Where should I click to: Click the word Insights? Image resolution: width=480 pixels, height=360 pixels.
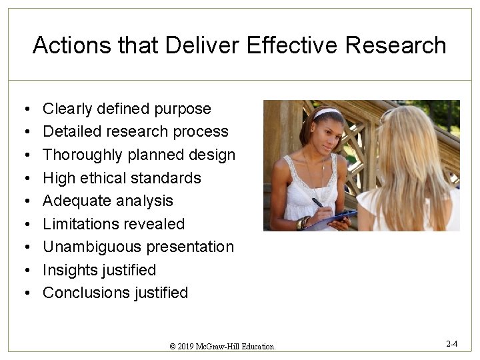[x=70, y=270]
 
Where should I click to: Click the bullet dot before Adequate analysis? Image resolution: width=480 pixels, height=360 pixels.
[x=23, y=201]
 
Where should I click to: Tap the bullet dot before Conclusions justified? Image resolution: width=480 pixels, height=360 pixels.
[x=23, y=293]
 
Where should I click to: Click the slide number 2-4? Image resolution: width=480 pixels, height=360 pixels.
[x=451, y=344]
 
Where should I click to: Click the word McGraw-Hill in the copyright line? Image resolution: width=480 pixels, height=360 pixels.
[x=223, y=347]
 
